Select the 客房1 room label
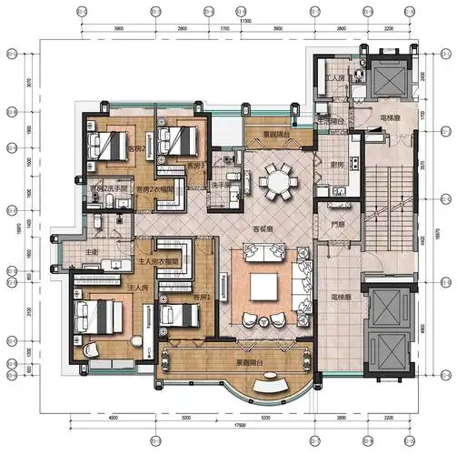pyautogui.click(x=203, y=298)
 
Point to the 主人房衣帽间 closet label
pyautogui.click(x=163, y=260)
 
